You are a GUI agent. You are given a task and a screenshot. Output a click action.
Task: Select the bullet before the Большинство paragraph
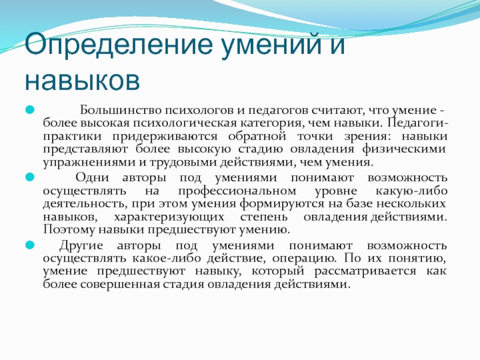[x=29, y=110]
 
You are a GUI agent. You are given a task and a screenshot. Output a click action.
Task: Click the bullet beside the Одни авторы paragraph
[x=29, y=176]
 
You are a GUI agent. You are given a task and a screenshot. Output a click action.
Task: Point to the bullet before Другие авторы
[x=29, y=245]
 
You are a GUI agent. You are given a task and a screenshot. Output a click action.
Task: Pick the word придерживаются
[x=164, y=137]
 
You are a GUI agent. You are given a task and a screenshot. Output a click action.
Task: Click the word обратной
[x=257, y=136]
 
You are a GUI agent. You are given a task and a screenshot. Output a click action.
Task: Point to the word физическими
[x=404, y=149]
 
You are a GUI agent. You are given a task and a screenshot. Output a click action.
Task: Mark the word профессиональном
[x=237, y=191]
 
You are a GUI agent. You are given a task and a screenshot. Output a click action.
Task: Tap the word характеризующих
[x=169, y=217]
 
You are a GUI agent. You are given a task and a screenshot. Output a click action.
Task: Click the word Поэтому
[x=69, y=230]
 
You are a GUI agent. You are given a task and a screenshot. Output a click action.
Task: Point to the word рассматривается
[x=365, y=272]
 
